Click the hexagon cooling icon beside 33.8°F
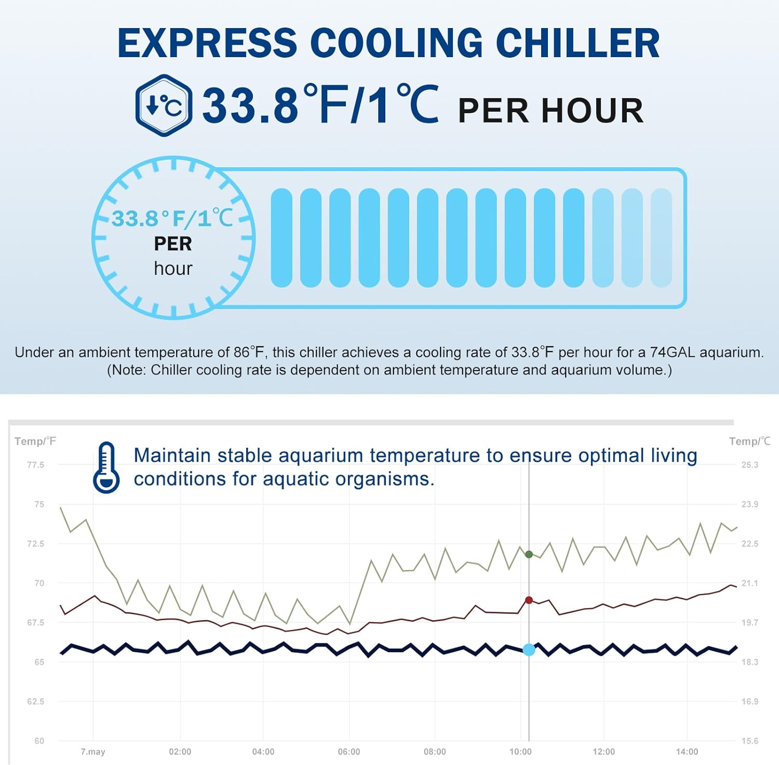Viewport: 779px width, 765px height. coord(164,105)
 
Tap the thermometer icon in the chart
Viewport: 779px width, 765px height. coord(106,467)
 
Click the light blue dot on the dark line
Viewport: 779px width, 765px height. coord(529,650)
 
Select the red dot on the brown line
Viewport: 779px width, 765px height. coord(529,600)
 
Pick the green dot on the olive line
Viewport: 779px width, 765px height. coord(529,555)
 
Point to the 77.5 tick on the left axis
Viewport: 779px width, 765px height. coord(35,465)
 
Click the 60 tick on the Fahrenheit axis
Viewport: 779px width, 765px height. coord(39,741)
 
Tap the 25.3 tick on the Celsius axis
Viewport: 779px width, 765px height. coord(749,465)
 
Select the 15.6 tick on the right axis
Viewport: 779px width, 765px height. coord(749,741)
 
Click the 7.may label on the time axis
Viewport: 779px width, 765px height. coord(93,752)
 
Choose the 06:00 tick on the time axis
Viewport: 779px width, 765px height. coord(349,752)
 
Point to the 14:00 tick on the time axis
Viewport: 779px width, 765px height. coord(687,752)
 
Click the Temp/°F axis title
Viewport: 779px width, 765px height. coord(35,441)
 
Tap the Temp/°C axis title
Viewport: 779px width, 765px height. coord(749,441)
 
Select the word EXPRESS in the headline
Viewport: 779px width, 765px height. coord(207,43)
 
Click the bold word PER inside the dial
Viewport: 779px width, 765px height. coord(173,244)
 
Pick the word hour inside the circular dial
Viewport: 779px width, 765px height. coord(173,269)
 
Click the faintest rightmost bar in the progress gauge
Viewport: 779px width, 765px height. coord(661,238)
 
